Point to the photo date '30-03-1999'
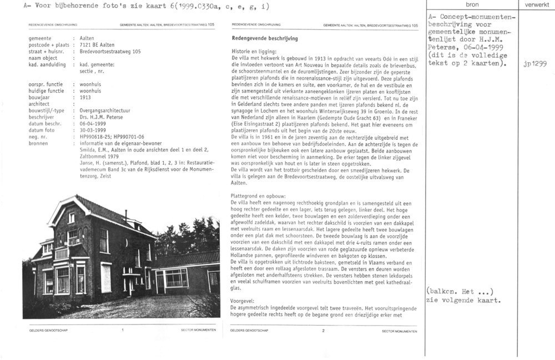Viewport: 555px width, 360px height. click(x=92, y=130)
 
